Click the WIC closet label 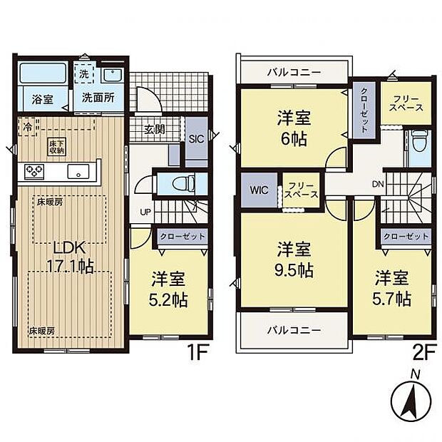259,191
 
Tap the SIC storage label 197,140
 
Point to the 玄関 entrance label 155,129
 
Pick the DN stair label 377,183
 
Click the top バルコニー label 294,73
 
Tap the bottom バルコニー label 294,331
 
